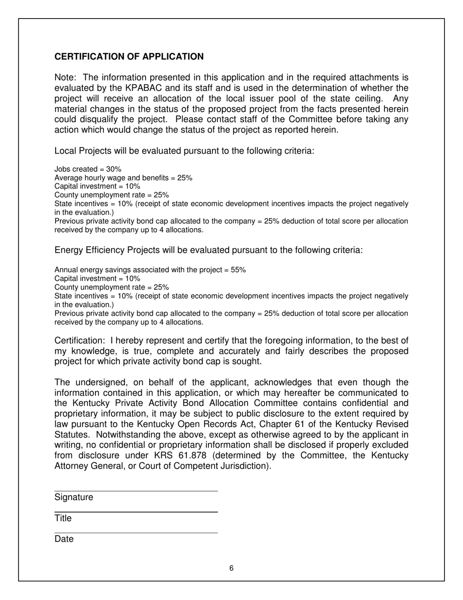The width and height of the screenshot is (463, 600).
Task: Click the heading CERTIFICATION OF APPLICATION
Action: (x=129, y=57)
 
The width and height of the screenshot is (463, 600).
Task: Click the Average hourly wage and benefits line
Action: (x=123, y=178)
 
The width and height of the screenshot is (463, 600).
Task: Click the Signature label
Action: (x=74, y=498)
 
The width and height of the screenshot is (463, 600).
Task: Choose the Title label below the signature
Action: (x=63, y=519)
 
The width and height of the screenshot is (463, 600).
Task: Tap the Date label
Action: (x=64, y=540)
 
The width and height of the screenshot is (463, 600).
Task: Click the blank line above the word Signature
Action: (x=135, y=491)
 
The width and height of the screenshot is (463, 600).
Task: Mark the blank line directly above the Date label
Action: (x=135, y=533)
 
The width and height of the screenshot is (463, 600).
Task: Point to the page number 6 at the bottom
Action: (x=231, y=568)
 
